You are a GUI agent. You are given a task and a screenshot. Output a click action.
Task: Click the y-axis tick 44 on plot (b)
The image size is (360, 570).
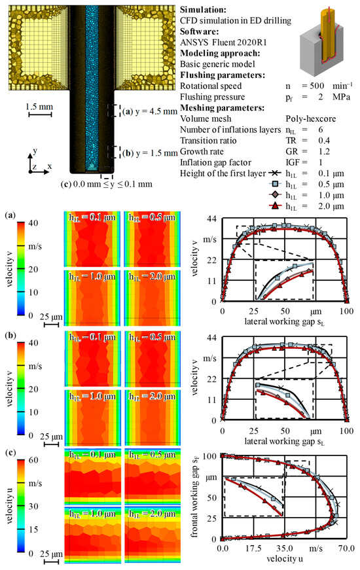pos(211,337)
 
